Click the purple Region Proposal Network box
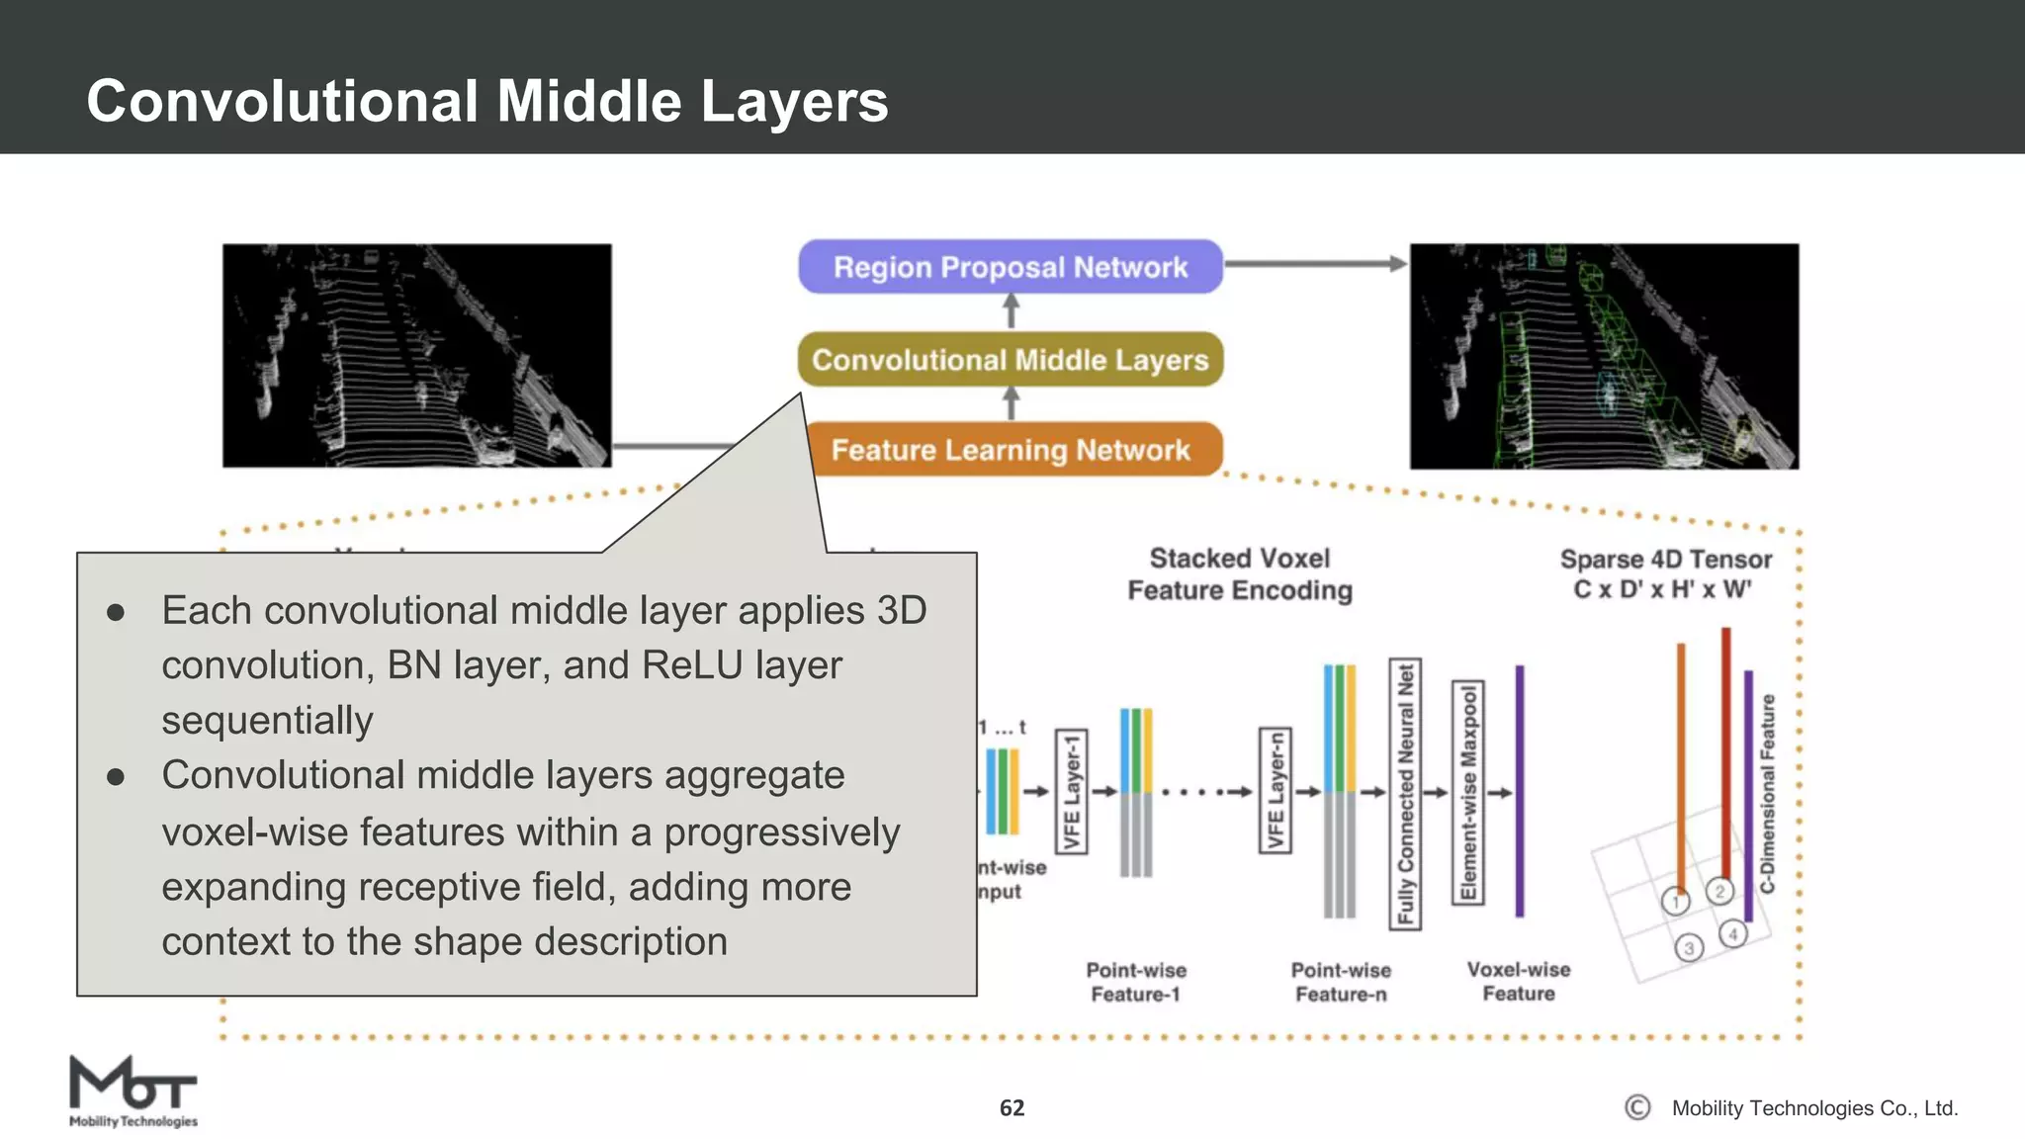tap(1010, 267)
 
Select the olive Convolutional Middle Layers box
tap(1010, 359)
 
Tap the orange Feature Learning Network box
tap(1010, 450)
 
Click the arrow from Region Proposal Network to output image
tap(1315, 264)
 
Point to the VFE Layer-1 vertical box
tap(1072, 792)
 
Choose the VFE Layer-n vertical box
tap(1276, 791)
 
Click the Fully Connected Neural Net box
tap(1405, 794)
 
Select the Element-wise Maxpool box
tap(1468, 792)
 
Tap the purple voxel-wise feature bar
tap(1520, 791)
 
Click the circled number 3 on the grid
tap(1689, 948)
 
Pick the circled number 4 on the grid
tap(1732, 933)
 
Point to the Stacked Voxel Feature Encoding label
tap(1240, 574)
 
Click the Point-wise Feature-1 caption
tap(1136, 982)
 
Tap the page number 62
tap(1012, 1107)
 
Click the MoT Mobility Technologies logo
tap(132, 1091)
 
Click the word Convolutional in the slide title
tap(282, 101)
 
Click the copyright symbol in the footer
tap(1637, 1107)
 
